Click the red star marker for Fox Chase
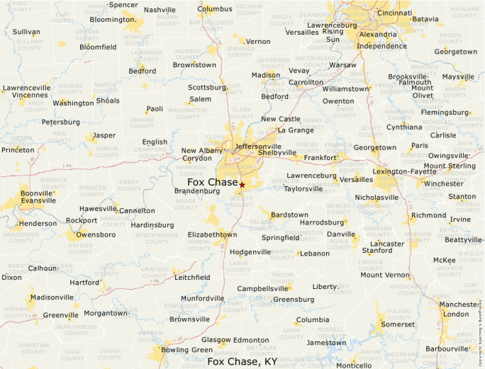242,185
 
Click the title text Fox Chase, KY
242,361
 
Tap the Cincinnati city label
394,13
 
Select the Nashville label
160,10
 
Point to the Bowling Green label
187,350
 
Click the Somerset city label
398,324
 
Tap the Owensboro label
95,234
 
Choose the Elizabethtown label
212,234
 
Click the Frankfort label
320,158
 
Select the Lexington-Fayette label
405,171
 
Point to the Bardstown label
289,215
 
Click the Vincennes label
30,95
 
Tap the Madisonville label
52,297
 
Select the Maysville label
458,76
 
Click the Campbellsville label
263,289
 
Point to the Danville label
340,234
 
